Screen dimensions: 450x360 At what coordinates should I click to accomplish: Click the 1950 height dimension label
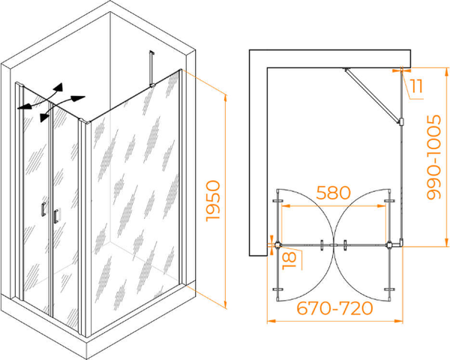213,201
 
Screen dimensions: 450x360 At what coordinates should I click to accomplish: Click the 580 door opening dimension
333,193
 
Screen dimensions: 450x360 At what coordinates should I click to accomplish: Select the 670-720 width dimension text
334,308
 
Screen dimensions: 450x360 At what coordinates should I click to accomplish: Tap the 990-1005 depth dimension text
433,157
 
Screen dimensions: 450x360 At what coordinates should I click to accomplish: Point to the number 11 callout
416,86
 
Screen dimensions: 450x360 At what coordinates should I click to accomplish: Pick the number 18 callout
289,260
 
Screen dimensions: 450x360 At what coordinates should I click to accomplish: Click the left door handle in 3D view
43,209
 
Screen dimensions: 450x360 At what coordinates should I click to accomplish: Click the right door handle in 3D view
56,216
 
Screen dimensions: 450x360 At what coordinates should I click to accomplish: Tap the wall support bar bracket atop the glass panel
151,69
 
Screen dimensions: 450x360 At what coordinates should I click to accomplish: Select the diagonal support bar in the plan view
372,96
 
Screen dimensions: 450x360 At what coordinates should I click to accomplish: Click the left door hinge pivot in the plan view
277,245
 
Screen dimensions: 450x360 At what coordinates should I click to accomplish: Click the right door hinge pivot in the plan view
389,245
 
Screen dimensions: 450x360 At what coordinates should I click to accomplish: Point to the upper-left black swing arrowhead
58,87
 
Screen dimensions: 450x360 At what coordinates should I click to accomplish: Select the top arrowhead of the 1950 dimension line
226,98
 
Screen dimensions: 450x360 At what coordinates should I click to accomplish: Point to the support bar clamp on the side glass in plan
401,121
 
